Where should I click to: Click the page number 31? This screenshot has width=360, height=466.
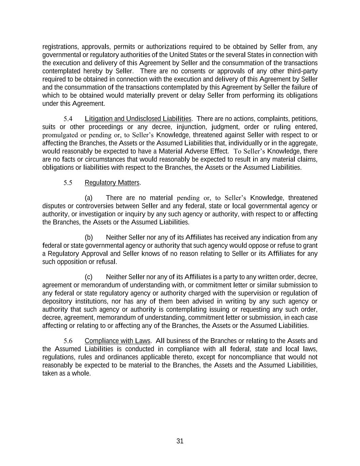coord(180,441)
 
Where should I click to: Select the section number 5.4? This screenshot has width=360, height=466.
coord(68,119)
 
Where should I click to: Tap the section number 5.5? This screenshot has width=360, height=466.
coord(68,183)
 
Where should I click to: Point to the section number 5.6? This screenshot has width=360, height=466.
coord(68,341)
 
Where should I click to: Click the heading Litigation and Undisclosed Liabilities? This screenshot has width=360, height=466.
coord(138,119)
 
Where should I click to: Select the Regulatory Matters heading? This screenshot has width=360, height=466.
coord(112,183)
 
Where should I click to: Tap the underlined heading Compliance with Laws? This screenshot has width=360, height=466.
coord(117,341)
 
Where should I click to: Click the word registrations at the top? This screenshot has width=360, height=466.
coord(60,47)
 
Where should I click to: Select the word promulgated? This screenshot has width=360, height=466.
coord(60,135)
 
